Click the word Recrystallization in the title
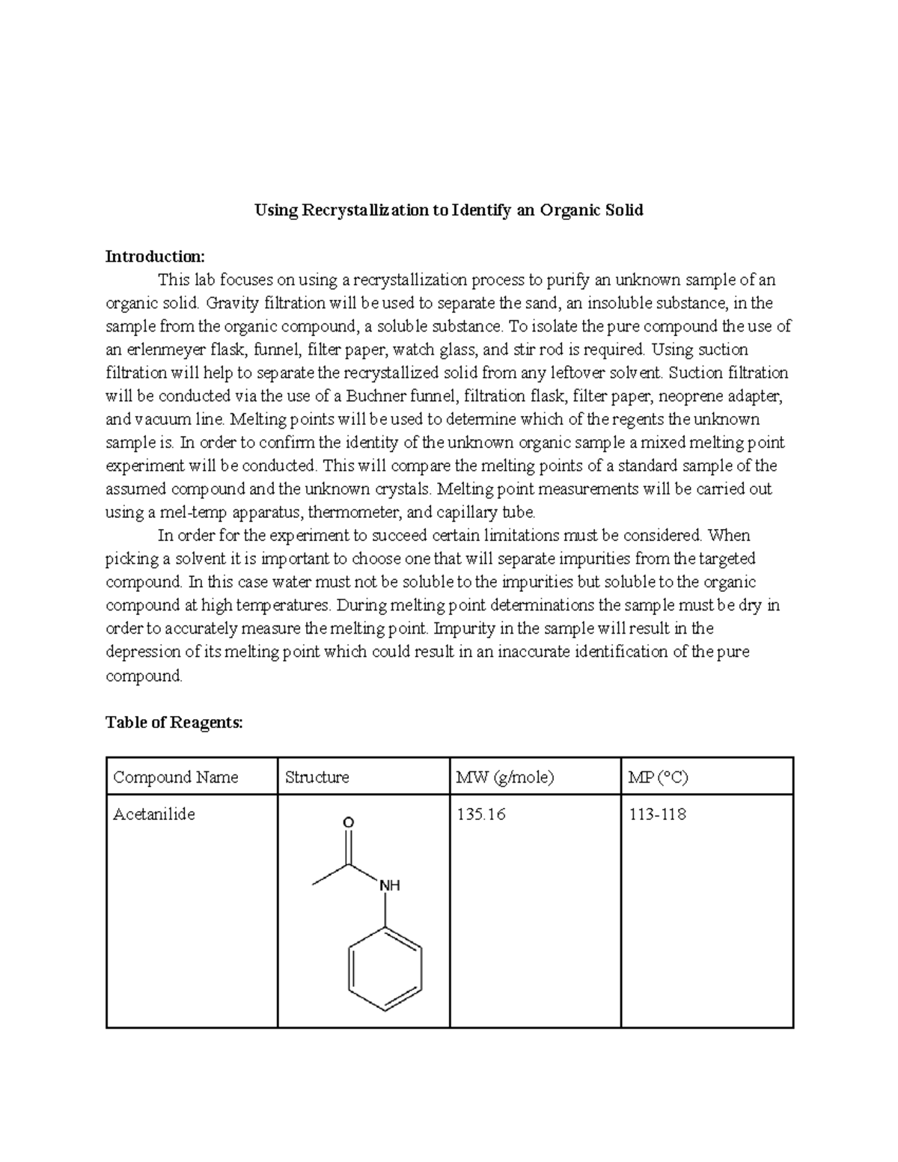pyautogui.click(x=363, y=210)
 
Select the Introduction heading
pyautogui.click(x=154, y=257)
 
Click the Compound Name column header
pyautogui.click(x=175, y=777)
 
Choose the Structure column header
pyautogui.click(x=317, y=777)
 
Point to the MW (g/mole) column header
pyautogui.click(x=505, y=777)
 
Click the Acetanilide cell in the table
pyautogui.click(x=153, y=814)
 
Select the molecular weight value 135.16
pyautogui.click(x=480, y=814)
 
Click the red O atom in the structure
pyautogui.click(x=348, y=822)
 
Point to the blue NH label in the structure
pyautogui.click(x=390, y=885)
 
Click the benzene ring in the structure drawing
pyautogui.click(x=385, y=970)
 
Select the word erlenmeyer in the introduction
pyautogui.click(x=162, y=349)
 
